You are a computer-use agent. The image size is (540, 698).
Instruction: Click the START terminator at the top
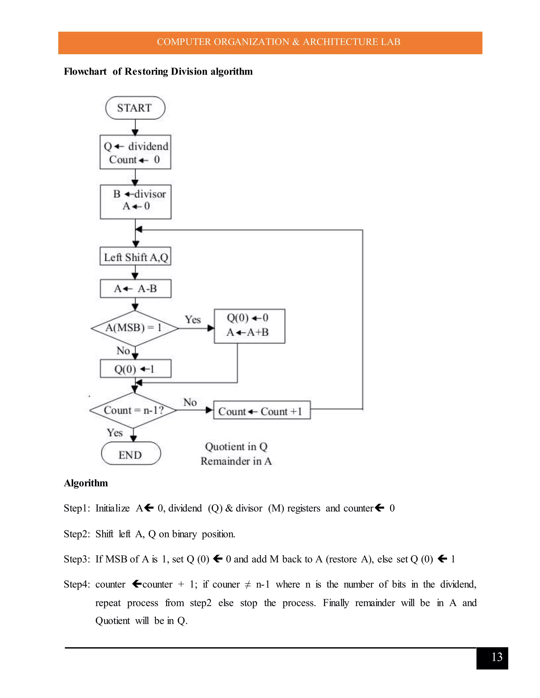click(135, 108)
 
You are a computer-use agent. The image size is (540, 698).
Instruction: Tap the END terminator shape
click(131, 455)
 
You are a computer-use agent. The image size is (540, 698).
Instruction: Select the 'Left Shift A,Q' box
click(135, 257)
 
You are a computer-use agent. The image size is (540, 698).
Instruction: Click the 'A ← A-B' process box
click(135, 289)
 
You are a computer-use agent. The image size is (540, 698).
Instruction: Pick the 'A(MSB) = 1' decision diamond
click(134, 328)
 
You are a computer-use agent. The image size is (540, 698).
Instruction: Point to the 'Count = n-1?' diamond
click(133, 410)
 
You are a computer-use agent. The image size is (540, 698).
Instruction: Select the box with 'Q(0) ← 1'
click(135, 369)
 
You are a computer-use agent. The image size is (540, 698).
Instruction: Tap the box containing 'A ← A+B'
click(249, 326)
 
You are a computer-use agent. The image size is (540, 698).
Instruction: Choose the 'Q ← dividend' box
click(135, 152)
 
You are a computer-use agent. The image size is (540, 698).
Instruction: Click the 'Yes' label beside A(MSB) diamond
click(193, 319)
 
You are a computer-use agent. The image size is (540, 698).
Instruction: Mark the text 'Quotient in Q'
click(236, 446)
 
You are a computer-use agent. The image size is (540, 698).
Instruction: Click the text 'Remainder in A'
click(236, 461)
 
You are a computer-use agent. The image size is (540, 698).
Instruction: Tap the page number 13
click(496, 657)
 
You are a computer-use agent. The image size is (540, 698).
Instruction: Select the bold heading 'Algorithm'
click(86, 483)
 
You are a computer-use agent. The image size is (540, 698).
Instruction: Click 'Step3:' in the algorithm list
click(77, 559)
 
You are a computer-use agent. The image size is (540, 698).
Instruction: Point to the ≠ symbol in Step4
click(247, 584)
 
